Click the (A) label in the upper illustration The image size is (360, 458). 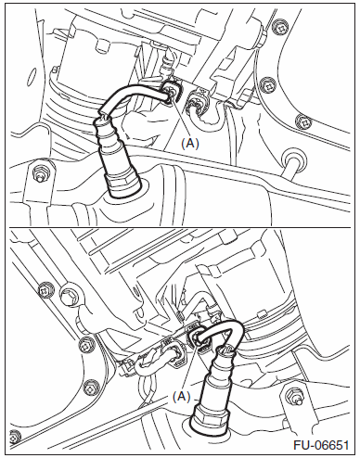pos(190,144)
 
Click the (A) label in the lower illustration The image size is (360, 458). pos(181,397)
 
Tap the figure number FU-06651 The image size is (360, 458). pos(321,445)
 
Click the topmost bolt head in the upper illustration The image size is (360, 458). pos(280,29)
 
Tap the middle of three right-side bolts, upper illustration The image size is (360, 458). pos(268,84)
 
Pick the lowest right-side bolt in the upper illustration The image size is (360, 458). pos(303,121)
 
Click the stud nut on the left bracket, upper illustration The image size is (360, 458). pos(40,172)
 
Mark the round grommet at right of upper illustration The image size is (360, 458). pos(291,157)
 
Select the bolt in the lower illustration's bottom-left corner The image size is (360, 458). pos(16,436)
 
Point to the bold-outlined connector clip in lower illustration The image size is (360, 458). pos(199,338)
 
